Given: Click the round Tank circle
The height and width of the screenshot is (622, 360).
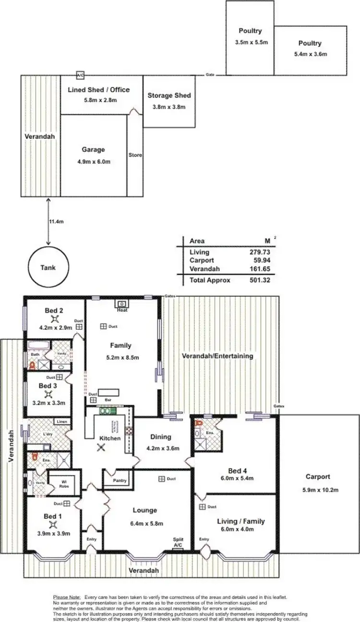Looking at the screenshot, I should (48, 268).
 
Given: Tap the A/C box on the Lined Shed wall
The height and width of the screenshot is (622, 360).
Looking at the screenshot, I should (80, 75).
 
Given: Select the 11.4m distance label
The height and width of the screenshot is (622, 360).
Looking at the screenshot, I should (56, 221).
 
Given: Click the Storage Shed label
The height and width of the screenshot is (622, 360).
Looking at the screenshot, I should (169, 96).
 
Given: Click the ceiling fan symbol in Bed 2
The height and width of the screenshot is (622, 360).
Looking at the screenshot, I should (56, 318).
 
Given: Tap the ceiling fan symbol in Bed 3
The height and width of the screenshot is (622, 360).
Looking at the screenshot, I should (48, 394).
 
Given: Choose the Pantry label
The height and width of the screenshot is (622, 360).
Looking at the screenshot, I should (120, 480).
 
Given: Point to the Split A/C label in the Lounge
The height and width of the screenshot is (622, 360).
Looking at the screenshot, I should (178, 542).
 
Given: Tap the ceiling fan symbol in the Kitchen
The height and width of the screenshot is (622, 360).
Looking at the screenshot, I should (101, 447).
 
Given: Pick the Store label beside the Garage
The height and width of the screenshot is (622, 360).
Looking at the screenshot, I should (135, 155).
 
